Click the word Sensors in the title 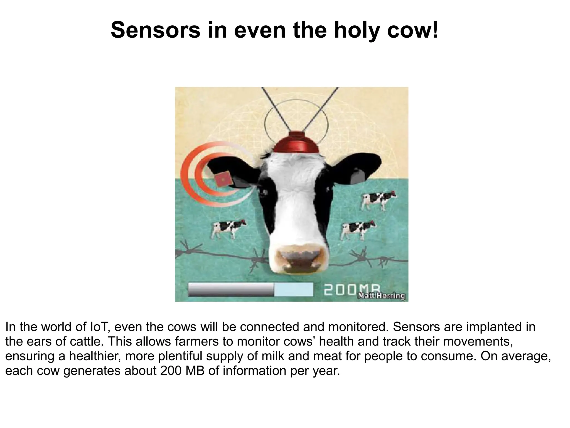pos(155,30)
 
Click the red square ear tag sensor pos(223,179)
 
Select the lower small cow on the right pos(357,229)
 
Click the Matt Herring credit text pos(381,296)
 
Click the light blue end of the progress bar pos(294,290)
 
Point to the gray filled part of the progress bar pos(231,290)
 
